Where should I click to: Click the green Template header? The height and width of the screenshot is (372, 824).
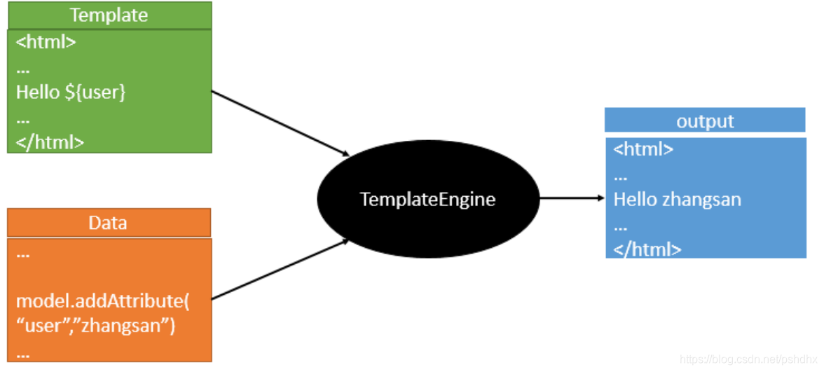pyautogui.click(x=109, y=15)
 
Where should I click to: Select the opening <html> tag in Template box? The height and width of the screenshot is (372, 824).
pyautogui.click(x=46, y=42)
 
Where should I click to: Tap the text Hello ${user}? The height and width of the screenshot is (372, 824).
pyautogui.click(x=71, y=92)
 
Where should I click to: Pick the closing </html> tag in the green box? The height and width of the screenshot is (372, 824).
pyautogui.click(x=50, y=142)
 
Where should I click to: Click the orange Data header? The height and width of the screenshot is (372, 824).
pyautogui.click(x=109, y=223)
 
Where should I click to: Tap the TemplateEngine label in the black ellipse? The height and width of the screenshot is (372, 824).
pyautogui.click(x=427, y=200)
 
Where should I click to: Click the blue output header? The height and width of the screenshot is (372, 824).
pyautogui.click(x=705, y=120)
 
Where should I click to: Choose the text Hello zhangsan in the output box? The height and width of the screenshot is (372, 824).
pyautogui.click(x=678, y=200)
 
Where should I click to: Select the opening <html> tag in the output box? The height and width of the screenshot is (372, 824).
pyautogui.click(x=643, y=150)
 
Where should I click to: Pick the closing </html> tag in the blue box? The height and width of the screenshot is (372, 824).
pyautogui.click(x=647, y=249)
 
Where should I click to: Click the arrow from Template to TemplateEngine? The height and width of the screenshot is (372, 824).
pyautogui.click(x=280, y=123)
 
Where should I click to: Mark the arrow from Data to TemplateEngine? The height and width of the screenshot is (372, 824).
pyautogui.click(x=280, y=270)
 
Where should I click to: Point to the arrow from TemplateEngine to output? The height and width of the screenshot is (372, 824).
pyautogui.click(x=572, y=198)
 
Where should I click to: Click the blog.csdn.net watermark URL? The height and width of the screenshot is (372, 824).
pyautogui.click(x=748, y=360)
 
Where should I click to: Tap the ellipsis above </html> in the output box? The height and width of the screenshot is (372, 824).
pyautogui.click(x=621, y=228)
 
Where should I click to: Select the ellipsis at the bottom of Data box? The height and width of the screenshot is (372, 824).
pyautogui.click(x=23, y=356)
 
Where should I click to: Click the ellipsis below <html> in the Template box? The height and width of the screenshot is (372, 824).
pyautogui.click(x=23, y=71)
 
